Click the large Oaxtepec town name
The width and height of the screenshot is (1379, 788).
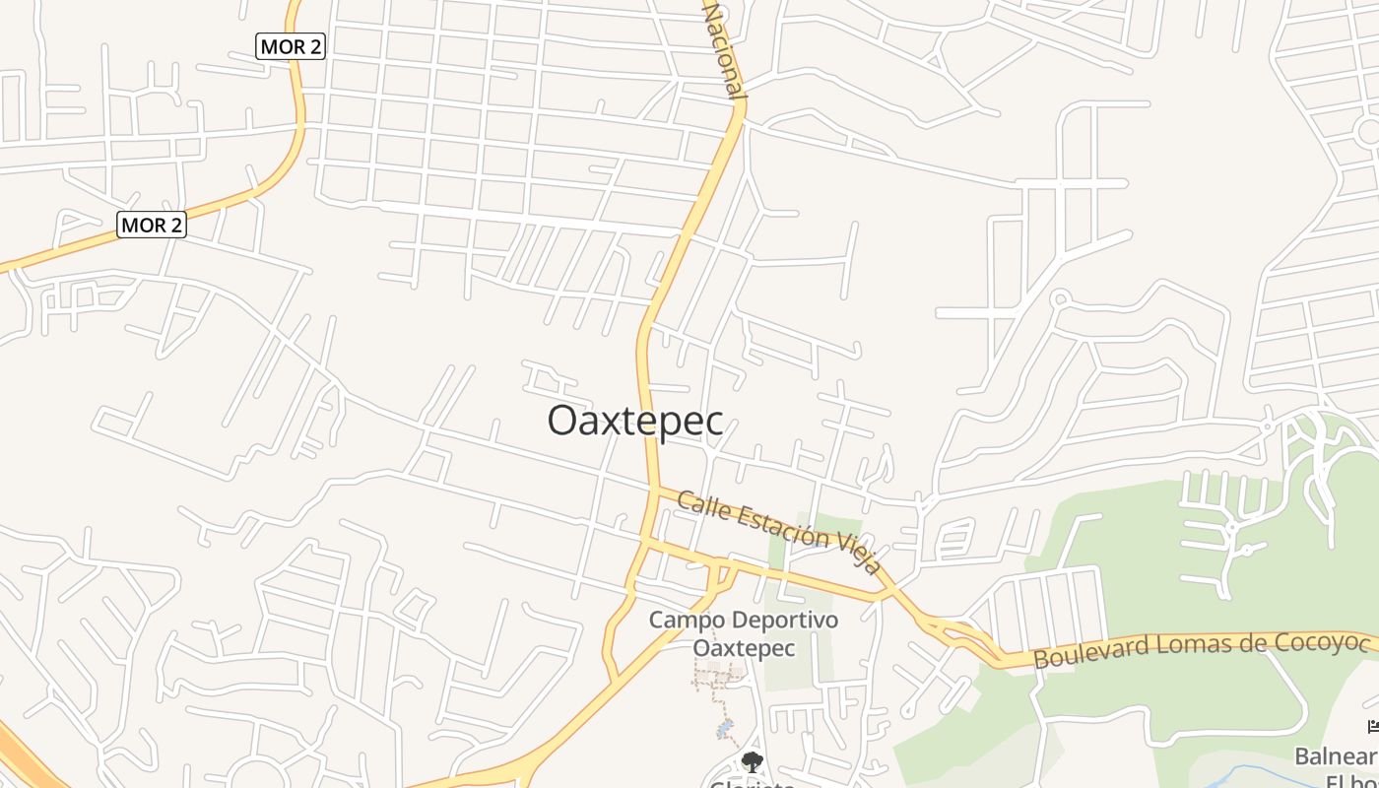click(x=635, y=421)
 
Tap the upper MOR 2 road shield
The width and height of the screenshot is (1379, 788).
click(x=291, y=46)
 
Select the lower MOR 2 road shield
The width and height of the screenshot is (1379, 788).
click(x=152, y=225)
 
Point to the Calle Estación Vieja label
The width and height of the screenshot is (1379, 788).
click(x=779, y=532)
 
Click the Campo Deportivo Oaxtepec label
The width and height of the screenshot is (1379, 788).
click(x=744, y=634)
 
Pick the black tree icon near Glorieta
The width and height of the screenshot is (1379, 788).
click(x=753, y=761)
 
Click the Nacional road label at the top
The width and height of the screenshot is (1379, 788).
click(x=723, y=49)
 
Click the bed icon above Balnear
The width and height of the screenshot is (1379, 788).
click(x=1373, y=727)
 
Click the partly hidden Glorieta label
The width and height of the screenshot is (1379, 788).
click(x=753, y=783)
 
